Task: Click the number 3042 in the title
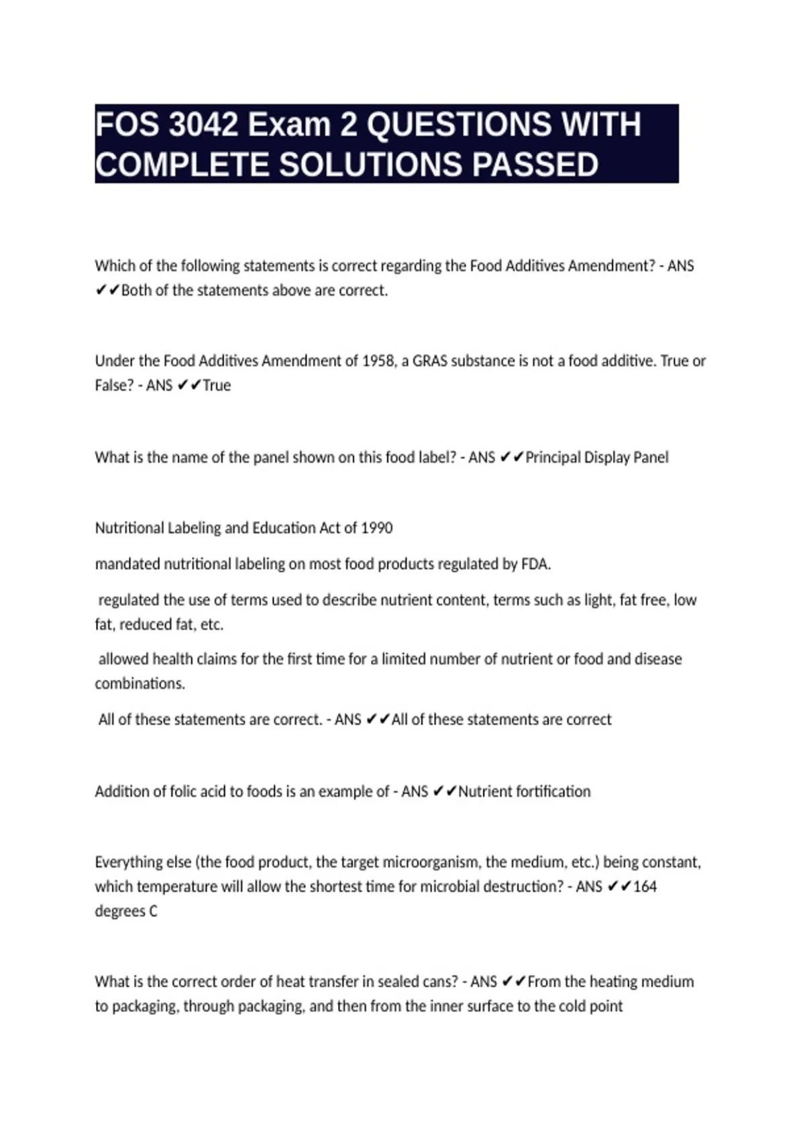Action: click(x=203, y=125)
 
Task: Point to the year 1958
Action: click(x=378, y=361)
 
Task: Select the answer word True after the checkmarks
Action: click(x=217, y=386)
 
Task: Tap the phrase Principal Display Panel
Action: click(x=597, y=458)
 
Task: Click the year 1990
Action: click(x=376, y=528)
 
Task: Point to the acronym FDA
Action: click(x=535, y=564)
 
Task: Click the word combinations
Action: click(x=140, y=684)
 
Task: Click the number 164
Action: click(x=645, y=887)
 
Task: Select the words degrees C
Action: click(x=126, y=911)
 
